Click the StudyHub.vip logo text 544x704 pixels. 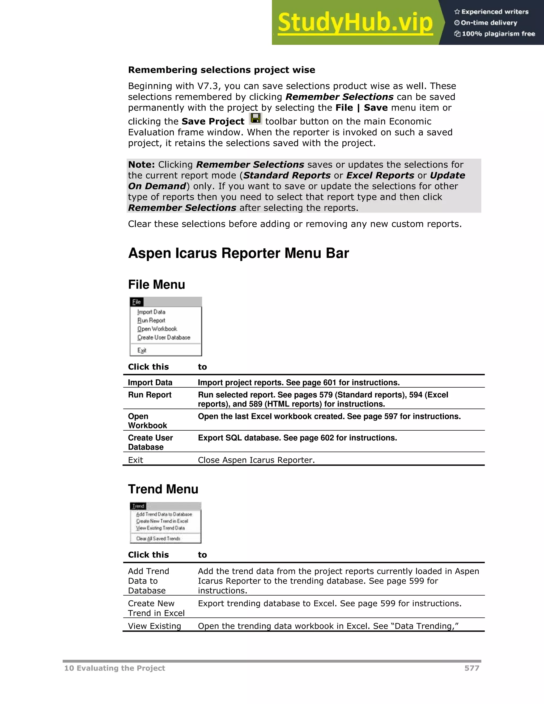click(x=355, y=23)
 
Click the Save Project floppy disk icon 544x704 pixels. click(x=256, y=119)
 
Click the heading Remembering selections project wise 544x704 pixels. click(x=222, y=70)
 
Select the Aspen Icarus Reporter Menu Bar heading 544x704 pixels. click(x=238, y=253)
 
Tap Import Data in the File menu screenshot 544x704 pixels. click(x=151, y=312)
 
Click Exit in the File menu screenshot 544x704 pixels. click(x=142, y=350)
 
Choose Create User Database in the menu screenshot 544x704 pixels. click(x=164, y=337)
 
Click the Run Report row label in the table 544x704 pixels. click(x=150, y=395)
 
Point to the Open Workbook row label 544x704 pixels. click(x=147, y=421)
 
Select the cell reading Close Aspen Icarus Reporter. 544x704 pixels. click(x=256, y=460)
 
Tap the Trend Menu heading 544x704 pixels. click(x=163, y=489)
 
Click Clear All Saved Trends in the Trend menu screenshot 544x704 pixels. click(x=158, y=539)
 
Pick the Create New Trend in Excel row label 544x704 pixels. click(x=156, y=608)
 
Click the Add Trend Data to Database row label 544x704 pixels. click(x=148, y=581)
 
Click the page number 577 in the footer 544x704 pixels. click(x=471, y=668)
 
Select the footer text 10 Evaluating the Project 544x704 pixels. click(x=114, y=668)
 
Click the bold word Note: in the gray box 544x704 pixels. click(x=142, y=165)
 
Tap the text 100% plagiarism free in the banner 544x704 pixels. click(x=498, y=34)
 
